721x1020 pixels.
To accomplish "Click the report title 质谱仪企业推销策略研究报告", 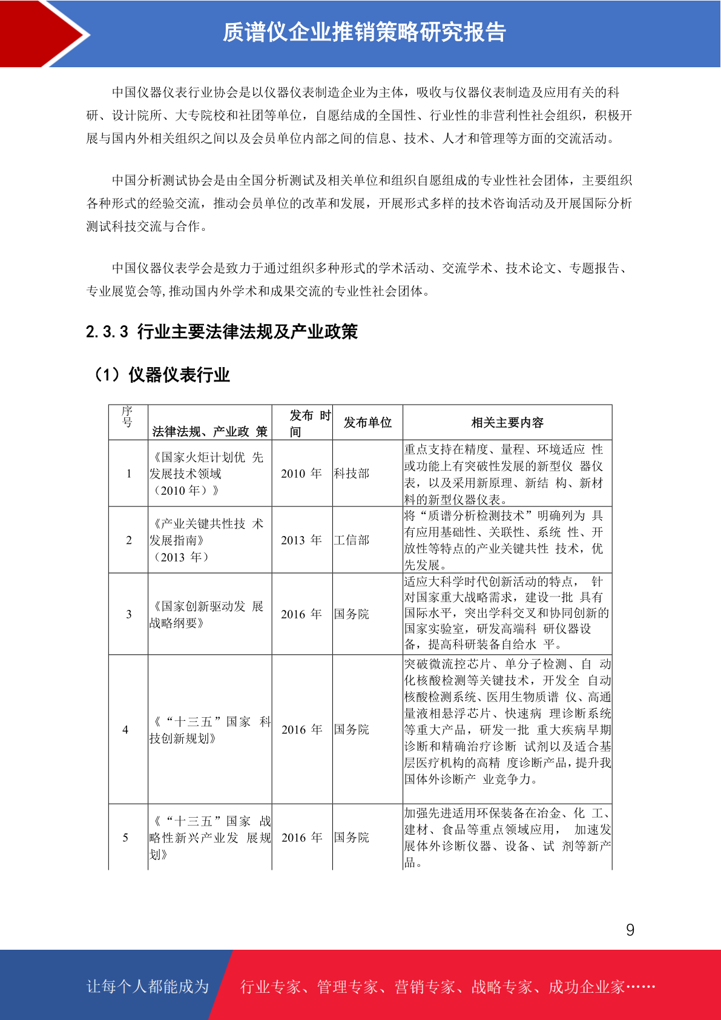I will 364,32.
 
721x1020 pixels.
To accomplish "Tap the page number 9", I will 630,930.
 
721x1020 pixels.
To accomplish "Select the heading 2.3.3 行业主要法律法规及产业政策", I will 222,332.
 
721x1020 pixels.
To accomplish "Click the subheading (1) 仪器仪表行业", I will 161,375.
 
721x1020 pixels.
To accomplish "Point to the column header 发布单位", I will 367,423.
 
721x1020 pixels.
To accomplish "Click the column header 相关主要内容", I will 507,423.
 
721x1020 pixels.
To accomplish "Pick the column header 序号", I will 127,417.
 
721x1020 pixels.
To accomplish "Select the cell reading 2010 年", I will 301,474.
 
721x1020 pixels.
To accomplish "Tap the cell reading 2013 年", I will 301,540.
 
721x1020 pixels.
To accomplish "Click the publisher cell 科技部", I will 352,474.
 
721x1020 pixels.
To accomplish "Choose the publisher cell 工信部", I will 352,540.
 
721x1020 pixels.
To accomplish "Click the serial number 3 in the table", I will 128,614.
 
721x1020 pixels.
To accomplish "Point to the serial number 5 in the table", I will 125,838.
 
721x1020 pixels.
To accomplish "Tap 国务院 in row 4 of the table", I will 352,730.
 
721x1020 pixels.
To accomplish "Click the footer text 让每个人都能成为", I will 148,987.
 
